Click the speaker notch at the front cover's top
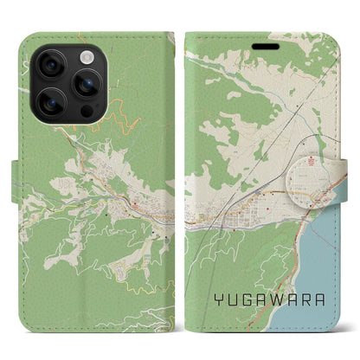tap(298, 36)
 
